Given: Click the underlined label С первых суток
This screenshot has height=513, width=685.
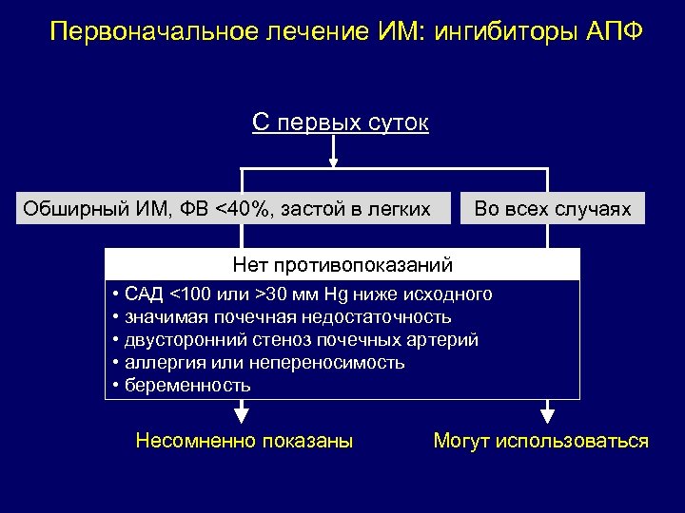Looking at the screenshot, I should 340,123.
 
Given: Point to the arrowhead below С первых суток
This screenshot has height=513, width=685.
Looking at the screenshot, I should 335,160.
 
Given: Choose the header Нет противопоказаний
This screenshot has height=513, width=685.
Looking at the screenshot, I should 342,264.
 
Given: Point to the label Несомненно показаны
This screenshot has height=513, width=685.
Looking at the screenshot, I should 244,441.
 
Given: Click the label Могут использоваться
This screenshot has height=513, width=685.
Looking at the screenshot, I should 540,441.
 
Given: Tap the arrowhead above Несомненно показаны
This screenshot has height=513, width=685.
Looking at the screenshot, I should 242,413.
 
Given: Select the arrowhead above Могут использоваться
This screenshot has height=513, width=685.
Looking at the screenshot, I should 547,413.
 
